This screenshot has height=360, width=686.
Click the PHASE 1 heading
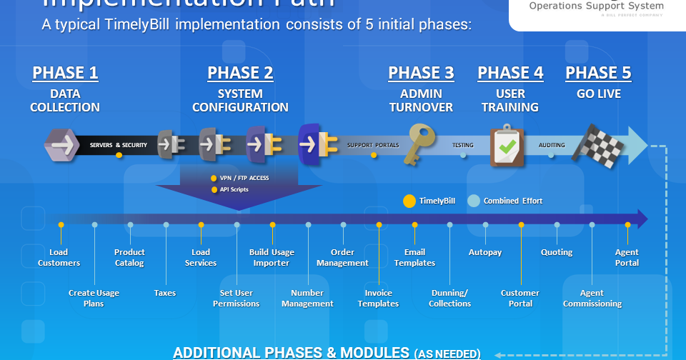coord(65,73)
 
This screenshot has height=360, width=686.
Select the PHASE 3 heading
coord(421,73)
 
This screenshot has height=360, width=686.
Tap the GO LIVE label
coord(598,94)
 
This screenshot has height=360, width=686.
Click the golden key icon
coord(420,145)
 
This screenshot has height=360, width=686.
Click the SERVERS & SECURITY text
coord(119,145)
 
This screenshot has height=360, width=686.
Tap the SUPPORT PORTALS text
coord(373,145)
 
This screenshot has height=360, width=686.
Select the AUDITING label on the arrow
coord(552,145)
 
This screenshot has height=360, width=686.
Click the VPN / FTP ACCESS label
coord(244,178)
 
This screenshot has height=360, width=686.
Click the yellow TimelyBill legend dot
coord(409,201)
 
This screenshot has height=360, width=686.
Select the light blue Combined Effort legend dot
coord(473,201)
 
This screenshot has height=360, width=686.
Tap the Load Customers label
coord(59,258)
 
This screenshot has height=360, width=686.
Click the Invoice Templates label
coord(378,298)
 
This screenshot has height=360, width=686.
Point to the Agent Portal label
coord(627,258)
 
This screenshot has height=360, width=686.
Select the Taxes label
coord(165,293)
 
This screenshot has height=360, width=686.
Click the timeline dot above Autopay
coord(485,225)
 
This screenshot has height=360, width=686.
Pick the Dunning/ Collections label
coord(449,298)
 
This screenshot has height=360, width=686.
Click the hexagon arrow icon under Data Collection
coord(61,145)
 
